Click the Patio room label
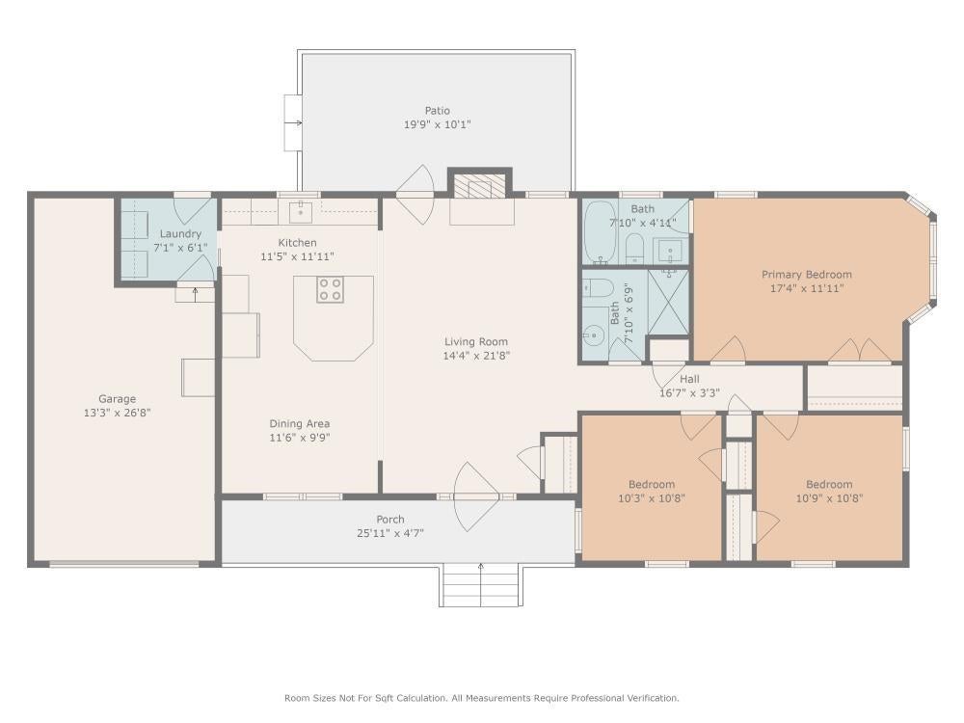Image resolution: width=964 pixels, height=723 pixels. pyautogui.click(x=437, y=111)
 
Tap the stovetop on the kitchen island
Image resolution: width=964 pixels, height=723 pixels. pyautogui.click(x=330, y=289)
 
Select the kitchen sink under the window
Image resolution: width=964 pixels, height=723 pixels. pyautogui.click(x=301, y=211)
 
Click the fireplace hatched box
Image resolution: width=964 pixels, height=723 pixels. pyautogui.click(x=479, y=186)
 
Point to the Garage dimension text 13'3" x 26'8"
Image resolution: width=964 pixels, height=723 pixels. pyautogui.click(x=117, y=413)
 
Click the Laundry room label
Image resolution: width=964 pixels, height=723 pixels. pyautogui.click(x=180, y=233)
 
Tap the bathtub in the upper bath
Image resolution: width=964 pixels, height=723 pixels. pyautogui.click(x=596, y=231)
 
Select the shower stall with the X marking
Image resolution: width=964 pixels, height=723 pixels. pyautogui.click(x=668, y=302)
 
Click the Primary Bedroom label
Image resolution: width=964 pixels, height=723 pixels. pyautogui.click(x=807, y=274)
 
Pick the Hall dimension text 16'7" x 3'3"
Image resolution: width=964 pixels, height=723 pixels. pyautogui.click(x=689, y=393)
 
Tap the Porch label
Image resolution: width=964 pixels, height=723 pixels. pyautogui.click(x=390, y=520)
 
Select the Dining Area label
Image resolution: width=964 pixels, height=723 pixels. pyautogui.click(x=300, y=423)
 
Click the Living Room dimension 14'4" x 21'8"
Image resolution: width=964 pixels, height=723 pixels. pyautogui.click(x=476, y=356)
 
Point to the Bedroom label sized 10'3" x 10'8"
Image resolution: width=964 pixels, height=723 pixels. pyautogui.click(x=651, y=485)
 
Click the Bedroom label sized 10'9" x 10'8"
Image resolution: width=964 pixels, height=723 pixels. pyautogui.click(x=829, y=485)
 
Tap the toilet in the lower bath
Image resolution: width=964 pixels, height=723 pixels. pyautogui.click(x=599, y=287)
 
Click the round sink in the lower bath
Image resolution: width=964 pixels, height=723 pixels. pyautogui.click(x=594, y=335)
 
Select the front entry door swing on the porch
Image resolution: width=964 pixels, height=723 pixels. pyautogui.click(x=474, y=496)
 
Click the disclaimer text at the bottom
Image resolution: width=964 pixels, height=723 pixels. pyautogui.click(x=481, y=698)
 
